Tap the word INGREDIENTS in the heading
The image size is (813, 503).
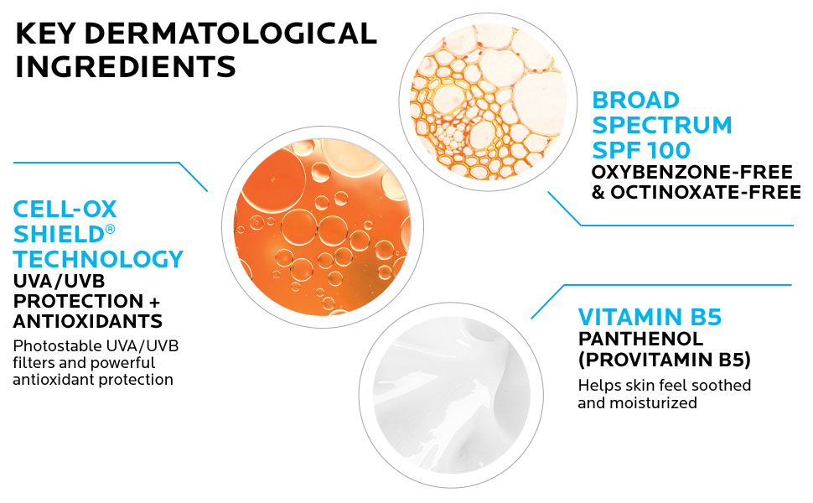point(126,67)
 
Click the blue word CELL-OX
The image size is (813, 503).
point(65,209)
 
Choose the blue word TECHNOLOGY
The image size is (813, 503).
point(98,258)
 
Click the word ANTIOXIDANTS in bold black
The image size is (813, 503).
point(87,321)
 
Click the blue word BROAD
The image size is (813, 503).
point(635,101)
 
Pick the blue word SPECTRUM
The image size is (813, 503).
point(662,126)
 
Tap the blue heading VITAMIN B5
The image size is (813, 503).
point(650,317)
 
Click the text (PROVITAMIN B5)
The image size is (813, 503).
point(664,360)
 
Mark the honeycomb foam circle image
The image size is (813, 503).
point(481,99)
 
